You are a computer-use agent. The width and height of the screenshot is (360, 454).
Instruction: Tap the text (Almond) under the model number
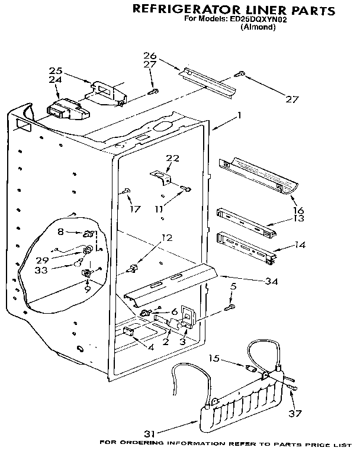point(257,28)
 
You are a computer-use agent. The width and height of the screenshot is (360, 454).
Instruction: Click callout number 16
point(298,210)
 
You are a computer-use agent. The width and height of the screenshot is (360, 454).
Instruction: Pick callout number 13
point(298,219)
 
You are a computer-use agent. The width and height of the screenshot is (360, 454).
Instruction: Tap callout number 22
point(172,158)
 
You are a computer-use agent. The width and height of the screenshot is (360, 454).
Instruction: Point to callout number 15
point(215,358)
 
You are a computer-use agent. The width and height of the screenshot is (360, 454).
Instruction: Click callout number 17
point(136,208)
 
